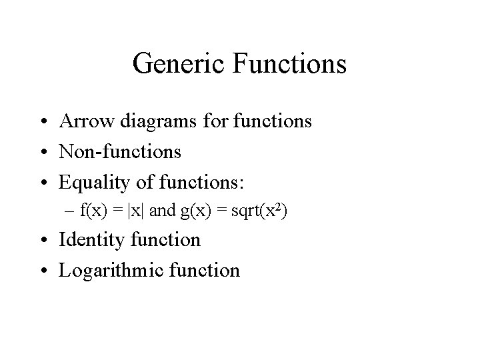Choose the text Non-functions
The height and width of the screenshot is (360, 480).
(120, 152)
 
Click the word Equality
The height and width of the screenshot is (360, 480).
(93, 182)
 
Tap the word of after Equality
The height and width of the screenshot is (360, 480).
(141, 182)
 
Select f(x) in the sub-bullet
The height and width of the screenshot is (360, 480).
(94, 211)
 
